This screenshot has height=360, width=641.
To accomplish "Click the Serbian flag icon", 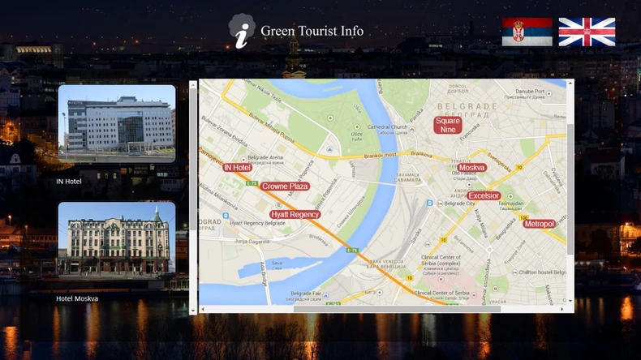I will coord(527,32).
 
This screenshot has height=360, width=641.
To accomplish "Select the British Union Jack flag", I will coord(587,32).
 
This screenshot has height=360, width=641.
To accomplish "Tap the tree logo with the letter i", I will coord(241,31).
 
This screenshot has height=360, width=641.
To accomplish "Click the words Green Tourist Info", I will coord(312,31).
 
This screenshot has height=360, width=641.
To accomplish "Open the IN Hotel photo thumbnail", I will coord(117,123).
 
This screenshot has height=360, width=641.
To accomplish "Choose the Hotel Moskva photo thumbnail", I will coord(117,239).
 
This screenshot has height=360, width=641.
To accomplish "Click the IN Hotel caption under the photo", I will coord(69,182).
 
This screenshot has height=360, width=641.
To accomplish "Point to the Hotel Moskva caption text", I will coord(77,298).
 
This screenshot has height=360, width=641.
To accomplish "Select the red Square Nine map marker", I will coord(447,125).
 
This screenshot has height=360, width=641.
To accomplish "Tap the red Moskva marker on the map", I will coord(471,168).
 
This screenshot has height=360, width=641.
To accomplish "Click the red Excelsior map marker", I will coord(484,195).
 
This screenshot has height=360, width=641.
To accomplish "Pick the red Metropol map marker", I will coord(539,224).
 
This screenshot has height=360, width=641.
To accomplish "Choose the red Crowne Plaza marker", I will coord(285,186).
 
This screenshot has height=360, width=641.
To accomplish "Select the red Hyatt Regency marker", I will coord(295,214).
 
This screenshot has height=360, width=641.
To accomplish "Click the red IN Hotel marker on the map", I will coord(237,167).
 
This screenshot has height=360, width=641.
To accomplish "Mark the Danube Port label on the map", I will coord(530,92).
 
